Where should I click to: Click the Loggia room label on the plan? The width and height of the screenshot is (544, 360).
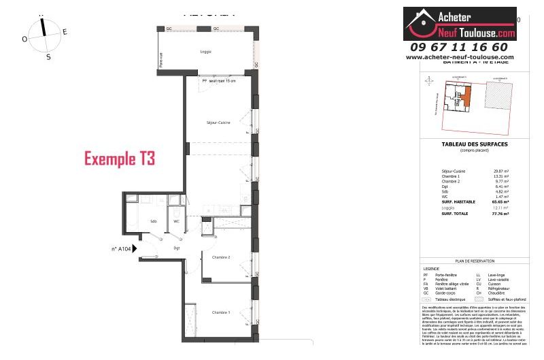(205, 52)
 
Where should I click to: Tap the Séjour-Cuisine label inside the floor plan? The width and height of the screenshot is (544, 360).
(218, 122)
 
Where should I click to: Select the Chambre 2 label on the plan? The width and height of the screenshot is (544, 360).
(221, 257)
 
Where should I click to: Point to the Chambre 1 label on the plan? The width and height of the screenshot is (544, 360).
(220, 312)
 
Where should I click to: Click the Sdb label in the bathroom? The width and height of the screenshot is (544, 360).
(154, 221)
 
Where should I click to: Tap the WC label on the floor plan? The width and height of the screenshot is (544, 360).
(176, 221)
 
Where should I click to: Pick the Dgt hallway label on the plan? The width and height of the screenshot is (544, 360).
(176, 248)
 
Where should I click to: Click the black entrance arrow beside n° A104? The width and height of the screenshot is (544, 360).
(135, 249)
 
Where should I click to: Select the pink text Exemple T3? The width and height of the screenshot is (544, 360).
(120, 159)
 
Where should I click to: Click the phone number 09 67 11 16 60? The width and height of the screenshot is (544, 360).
(459, 47)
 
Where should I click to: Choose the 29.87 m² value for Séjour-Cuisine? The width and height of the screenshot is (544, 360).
(503, 171)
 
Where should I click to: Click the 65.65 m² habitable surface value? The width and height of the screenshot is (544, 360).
(502, 202)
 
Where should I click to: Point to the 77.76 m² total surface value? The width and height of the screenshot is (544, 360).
(502, 213)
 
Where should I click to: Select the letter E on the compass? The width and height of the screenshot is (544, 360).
(65, 32)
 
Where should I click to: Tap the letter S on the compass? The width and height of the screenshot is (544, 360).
(48, 57)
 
